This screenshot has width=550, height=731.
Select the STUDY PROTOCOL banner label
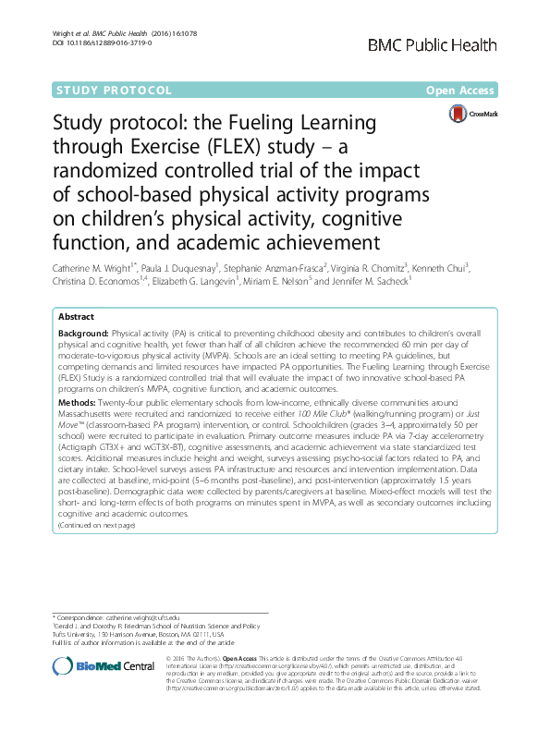[114, 91]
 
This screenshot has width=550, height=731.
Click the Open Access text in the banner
[462, 91]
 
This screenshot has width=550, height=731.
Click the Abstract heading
[77, 315]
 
